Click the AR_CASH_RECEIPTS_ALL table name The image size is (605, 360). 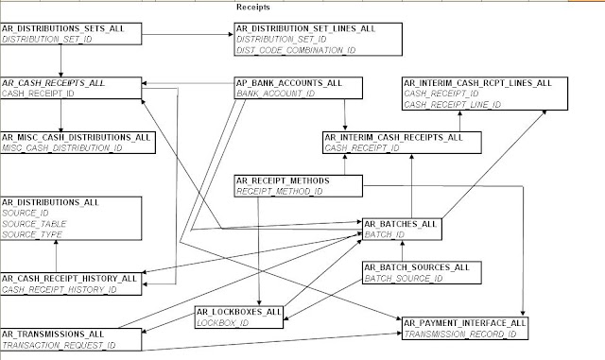[53, 84]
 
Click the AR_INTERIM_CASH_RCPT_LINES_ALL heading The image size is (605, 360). [476, 84]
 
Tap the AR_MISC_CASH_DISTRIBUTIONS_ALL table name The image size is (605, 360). [77, 137]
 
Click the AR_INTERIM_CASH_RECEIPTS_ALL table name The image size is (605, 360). [393, 138]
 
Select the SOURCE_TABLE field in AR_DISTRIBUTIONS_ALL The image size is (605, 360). [32, 223]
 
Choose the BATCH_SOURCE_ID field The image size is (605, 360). [404, 279]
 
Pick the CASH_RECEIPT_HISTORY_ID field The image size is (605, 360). [59, 289]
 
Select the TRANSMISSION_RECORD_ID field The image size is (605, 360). [458, 334]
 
